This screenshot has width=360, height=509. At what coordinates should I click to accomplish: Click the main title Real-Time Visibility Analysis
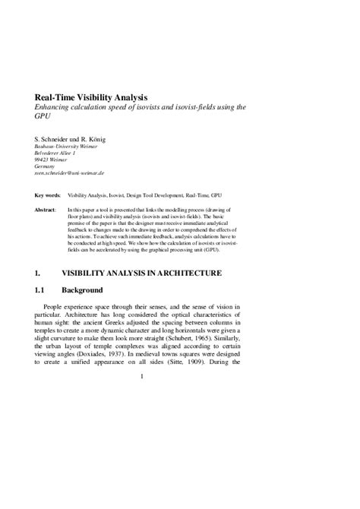[x=90, y=97]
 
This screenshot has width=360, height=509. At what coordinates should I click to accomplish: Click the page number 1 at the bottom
[x=142, y=376]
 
